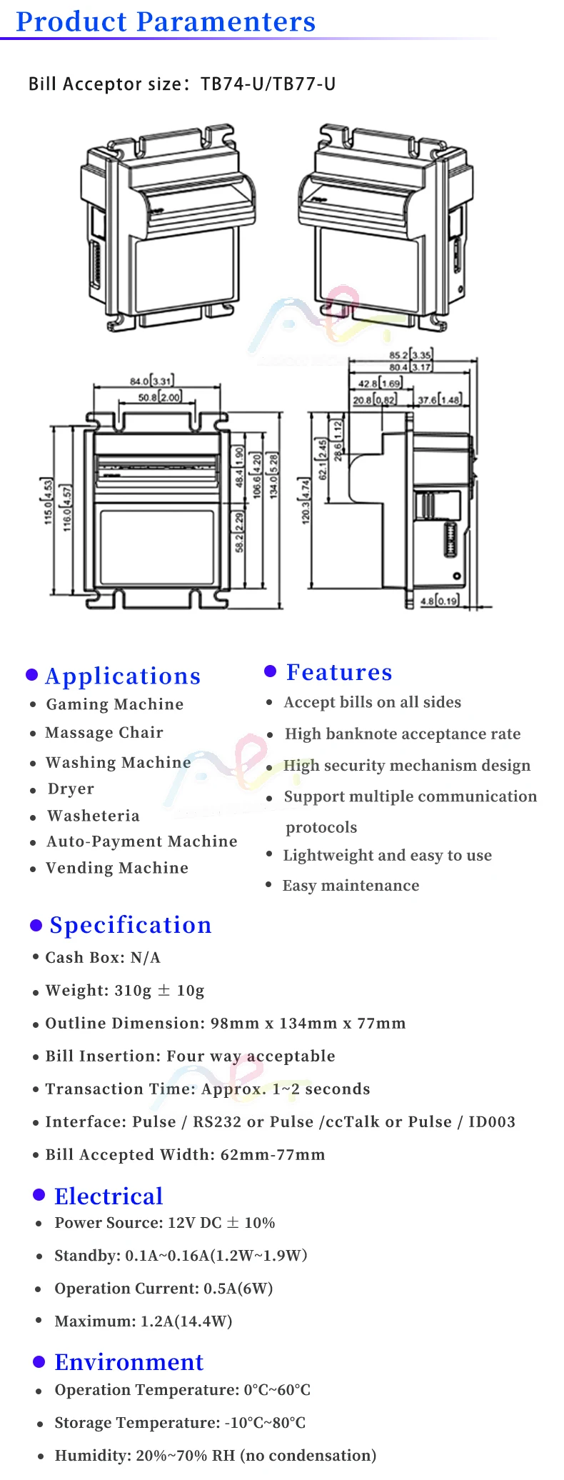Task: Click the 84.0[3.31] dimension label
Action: (151, 381)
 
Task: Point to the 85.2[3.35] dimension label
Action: (411, 355)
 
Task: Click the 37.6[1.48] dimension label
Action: (439, 400)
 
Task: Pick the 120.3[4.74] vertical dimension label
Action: (306, 501)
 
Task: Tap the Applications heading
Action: (123, 676)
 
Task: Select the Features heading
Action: (339, 672)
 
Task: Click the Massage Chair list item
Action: (104, 733)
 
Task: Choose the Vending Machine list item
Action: (117, 868)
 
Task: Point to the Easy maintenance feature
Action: (351, 886)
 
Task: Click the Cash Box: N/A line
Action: (103, 957)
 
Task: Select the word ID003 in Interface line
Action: (492, 1121)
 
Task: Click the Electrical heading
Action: (109, 1196)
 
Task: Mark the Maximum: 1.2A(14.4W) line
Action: (143, 1321)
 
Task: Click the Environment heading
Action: (129, 1362)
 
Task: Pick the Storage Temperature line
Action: (180, 1423)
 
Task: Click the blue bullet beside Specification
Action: (36, 926)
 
